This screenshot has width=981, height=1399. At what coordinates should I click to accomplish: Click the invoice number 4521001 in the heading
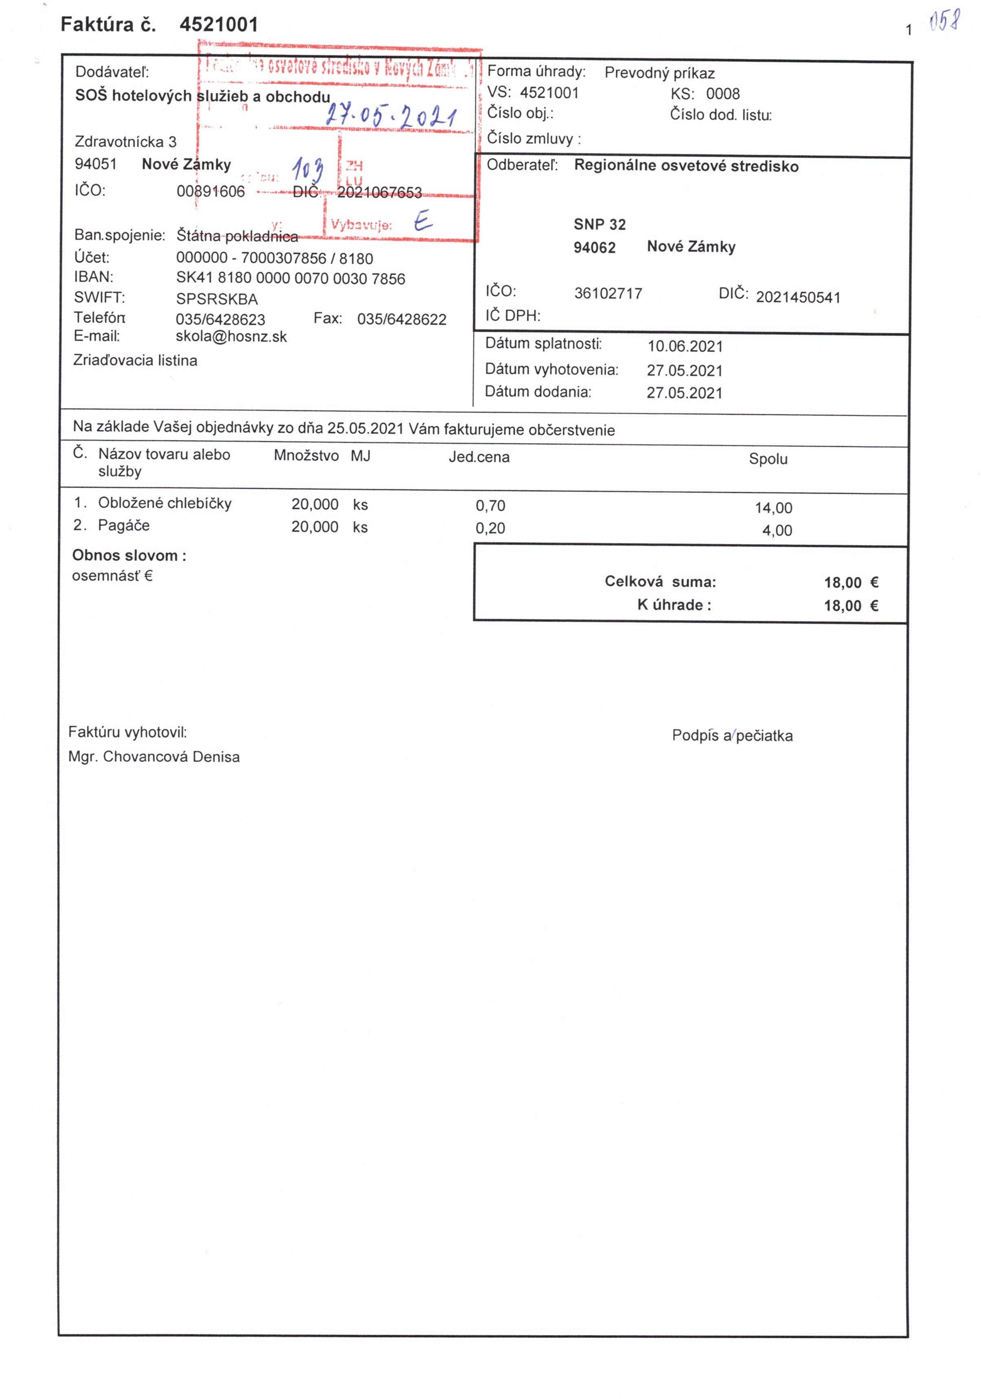click(218, 25)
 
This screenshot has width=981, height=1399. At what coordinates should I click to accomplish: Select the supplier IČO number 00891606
click(211, 191)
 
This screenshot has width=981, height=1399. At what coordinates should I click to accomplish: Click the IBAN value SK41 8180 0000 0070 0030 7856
click(290, 278)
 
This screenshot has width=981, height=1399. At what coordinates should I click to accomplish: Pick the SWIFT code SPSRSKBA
click(217, 299)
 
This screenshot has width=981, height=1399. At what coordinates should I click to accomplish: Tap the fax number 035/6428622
click(402, 319)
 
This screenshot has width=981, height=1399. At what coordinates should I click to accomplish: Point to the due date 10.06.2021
click(685, 346)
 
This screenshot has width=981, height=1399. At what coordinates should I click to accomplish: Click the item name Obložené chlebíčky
click(165, 503)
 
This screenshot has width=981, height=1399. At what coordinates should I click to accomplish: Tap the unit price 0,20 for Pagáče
click(490, 528)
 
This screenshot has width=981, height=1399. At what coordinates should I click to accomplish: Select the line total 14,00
click(773, 508)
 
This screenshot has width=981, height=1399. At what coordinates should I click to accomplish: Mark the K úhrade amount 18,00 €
click(851, 606)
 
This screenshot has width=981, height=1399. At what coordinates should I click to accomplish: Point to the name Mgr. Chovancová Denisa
click(154, 757)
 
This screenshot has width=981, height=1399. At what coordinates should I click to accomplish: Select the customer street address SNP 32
click(599, 224)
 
